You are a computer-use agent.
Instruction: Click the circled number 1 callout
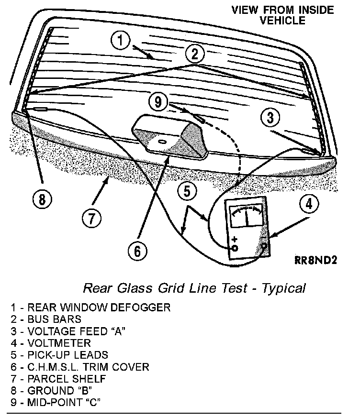coord(121,40)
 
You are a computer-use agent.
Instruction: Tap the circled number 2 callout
coord(194,54)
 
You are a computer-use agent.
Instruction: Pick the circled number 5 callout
coord(187,191)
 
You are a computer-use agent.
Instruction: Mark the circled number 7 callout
coord(91,218)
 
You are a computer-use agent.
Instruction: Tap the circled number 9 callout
coord(158,101)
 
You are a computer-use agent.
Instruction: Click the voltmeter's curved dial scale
coord(246,211)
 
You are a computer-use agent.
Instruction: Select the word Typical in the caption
coord(285,288)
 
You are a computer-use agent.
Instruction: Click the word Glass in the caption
coord(131,288)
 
